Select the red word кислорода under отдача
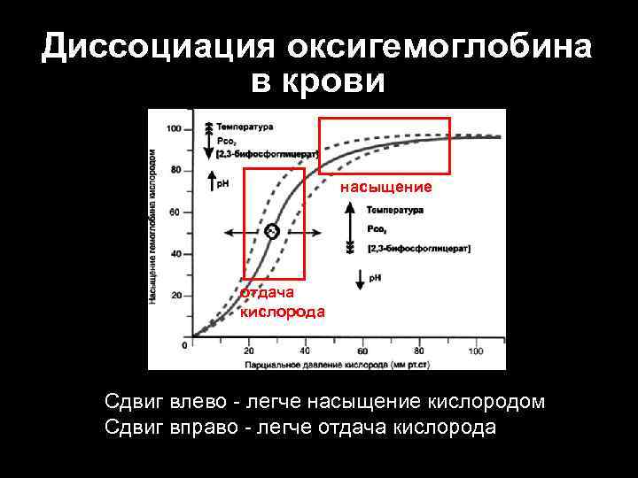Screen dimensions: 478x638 [282, 312]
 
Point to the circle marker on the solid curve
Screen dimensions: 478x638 [271, 231]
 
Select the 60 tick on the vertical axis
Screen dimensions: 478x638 [175, 212]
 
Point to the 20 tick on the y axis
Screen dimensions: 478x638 [175, 295]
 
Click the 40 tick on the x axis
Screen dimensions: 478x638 [305, 351]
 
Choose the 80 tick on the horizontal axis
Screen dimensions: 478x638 [419, 351]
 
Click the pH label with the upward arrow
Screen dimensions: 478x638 [222, 184]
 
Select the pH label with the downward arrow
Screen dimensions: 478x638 [373, 278]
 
